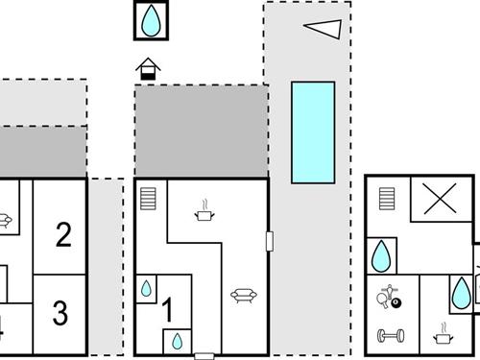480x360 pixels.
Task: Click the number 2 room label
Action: [x=63, y=234]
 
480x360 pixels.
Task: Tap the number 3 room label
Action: [x=60, y=312]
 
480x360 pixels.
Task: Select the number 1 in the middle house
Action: [x=167, y=310]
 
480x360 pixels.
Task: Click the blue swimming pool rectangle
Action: [x=312, y=132]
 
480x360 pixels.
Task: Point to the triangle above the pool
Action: [x=324, y=29]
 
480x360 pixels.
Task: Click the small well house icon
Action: [x=147, y=69]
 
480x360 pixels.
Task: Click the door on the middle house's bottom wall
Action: [x=204, y=355]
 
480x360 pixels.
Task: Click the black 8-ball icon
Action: [x=397, y=303]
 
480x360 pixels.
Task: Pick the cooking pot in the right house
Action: [x=443, y=336]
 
